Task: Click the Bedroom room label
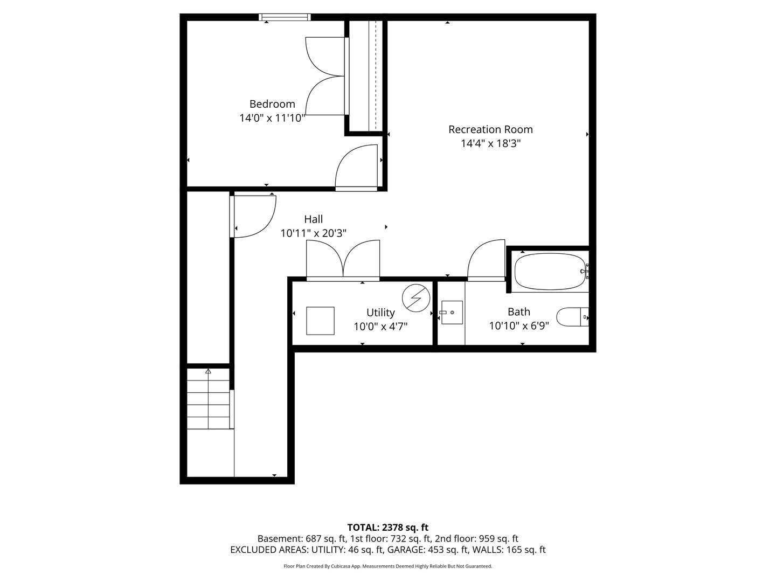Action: pyautogui.click(x=272, y=104)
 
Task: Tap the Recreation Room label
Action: pyautogui.click(x=490, y=129)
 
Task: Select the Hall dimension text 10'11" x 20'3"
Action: pyautogui.click(x=313, y=233)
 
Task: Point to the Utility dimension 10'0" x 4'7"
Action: pyautogui.click(x=380, y=326)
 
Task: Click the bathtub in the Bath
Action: pyautogui.click(x=550, y=272)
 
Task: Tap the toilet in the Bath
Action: pyautogui.click(x=572, y=317)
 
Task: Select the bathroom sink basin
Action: pyautogui.click(x=452, y=313)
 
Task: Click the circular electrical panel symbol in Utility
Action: pyautogui.click(x=415, y=298)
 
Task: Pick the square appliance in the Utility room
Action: pyautogui.click(x=320, y=321)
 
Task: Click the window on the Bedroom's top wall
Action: pyautogui.click(x=285, y=17)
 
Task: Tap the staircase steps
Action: pyautogui.click(x=208, y=399)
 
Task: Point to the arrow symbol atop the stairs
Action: pyautogui.click(x=208, y=371)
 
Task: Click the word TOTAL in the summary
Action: pyautogui.click(x=363, y=528)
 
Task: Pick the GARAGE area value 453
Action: pyautogui.click(x=435, y=550)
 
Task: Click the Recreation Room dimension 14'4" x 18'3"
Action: pyautogui.click(x=490, y=143)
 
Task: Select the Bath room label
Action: pyautogui.click(x=518, y=311)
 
